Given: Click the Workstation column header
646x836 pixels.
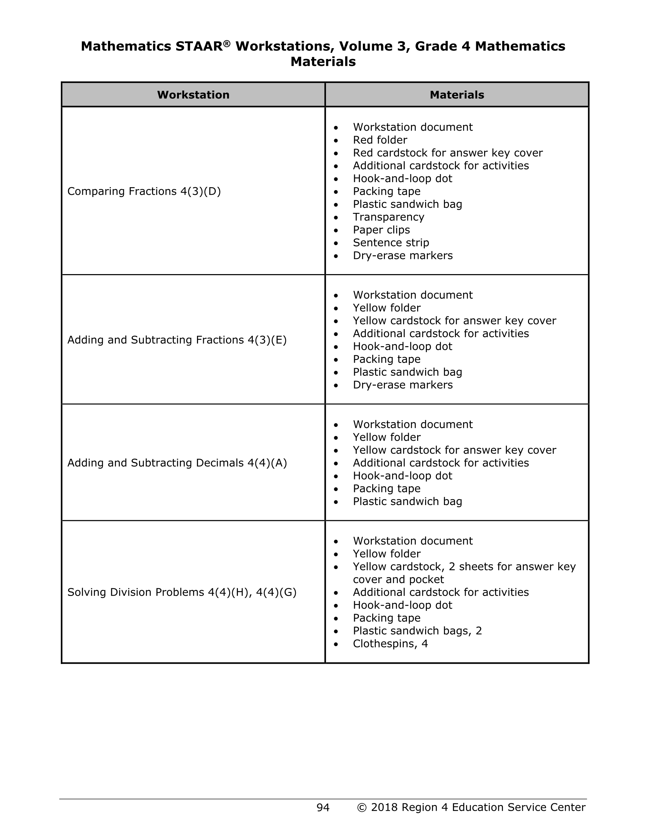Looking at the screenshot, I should tap(193, 95).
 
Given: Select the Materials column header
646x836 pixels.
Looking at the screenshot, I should tap(457, 95).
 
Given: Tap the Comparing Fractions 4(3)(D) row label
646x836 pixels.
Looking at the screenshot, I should tap(144, 192).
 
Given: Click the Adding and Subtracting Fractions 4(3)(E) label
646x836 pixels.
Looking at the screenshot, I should tap(177, 340).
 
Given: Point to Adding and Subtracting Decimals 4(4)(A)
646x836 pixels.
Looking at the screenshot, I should tap(177, 463).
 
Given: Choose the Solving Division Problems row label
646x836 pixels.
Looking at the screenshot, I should tap(182, 592).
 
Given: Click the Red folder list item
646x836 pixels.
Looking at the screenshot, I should tap(380, 140).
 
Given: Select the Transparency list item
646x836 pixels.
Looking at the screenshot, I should tap(388, 217).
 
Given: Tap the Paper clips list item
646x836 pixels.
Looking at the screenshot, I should tap(381, 230).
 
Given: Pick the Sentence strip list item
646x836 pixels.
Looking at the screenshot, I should tap(391, 243).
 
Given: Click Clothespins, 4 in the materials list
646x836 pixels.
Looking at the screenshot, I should tap(390, 643).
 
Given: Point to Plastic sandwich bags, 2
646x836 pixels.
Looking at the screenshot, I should tap(417, 630).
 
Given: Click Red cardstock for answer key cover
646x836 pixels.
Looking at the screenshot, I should tap(448, 153).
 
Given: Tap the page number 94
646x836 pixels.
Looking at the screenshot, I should tap(323, 807).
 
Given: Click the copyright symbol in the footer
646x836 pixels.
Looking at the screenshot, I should tap(361, 807).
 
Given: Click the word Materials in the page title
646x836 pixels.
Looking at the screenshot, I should tap(323, 62).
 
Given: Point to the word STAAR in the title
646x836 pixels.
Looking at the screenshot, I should tap(199, 46).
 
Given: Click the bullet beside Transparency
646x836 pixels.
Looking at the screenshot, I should tap(336, 218).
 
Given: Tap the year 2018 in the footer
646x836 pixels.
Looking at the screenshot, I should tap(385, 807).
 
